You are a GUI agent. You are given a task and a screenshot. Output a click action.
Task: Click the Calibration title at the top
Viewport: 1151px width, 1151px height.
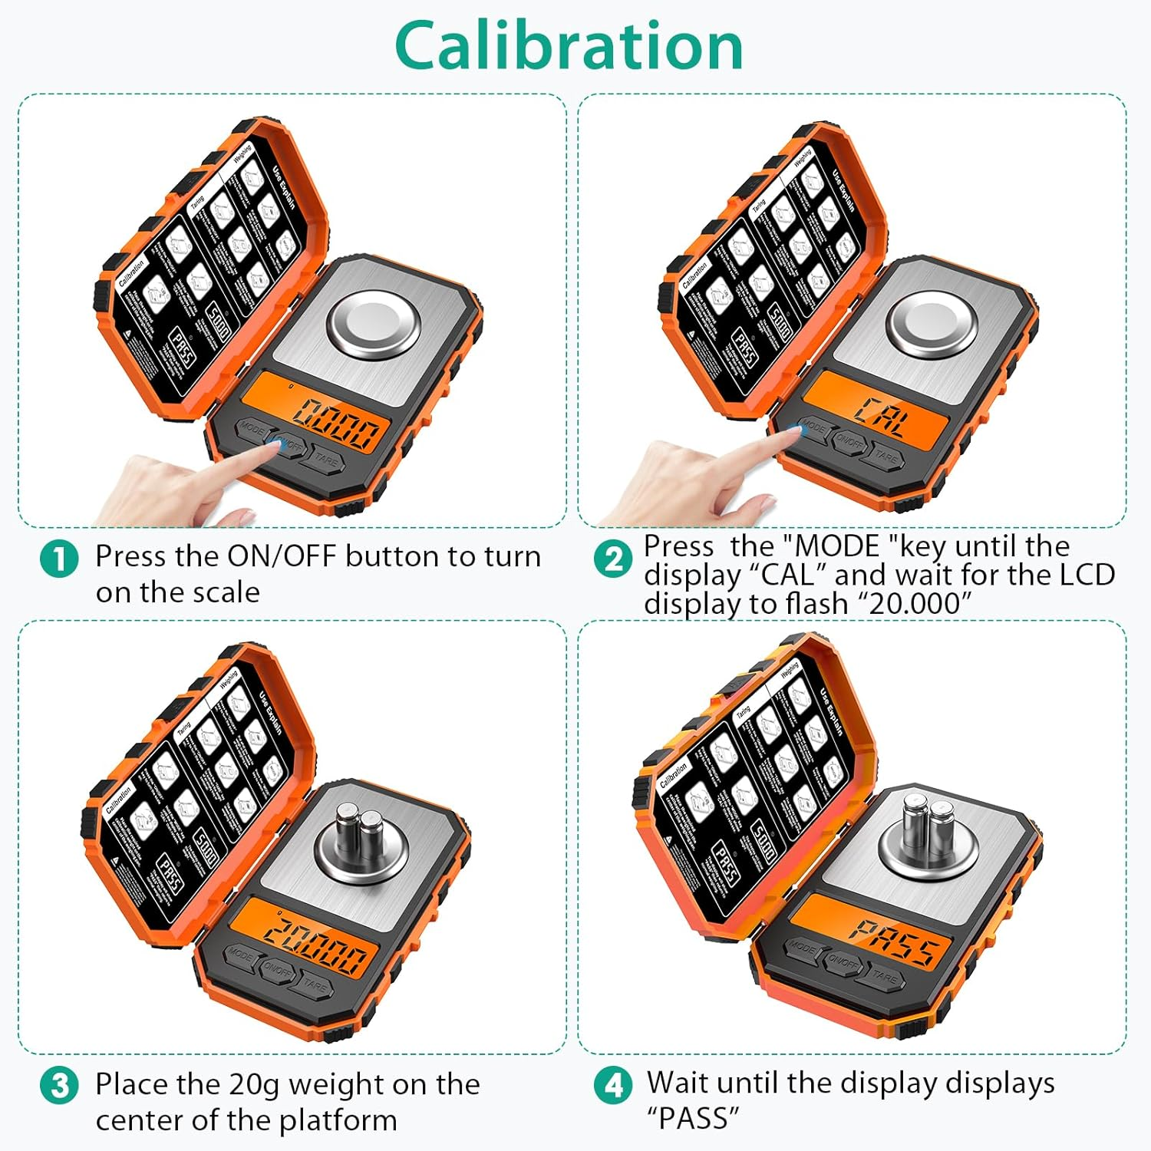569,46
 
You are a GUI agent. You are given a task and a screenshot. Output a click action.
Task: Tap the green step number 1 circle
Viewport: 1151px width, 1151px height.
59,559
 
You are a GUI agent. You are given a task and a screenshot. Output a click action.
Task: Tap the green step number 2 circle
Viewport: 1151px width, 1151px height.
613,559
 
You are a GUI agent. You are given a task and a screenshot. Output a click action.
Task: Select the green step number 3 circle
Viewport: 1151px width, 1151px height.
59,1087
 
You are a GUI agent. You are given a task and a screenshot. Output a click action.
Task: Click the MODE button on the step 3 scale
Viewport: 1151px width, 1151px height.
239,955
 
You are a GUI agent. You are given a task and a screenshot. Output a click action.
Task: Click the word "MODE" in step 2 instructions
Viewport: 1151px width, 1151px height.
838,546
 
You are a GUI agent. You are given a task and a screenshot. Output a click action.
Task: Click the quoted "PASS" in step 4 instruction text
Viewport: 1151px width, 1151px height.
693,1118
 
